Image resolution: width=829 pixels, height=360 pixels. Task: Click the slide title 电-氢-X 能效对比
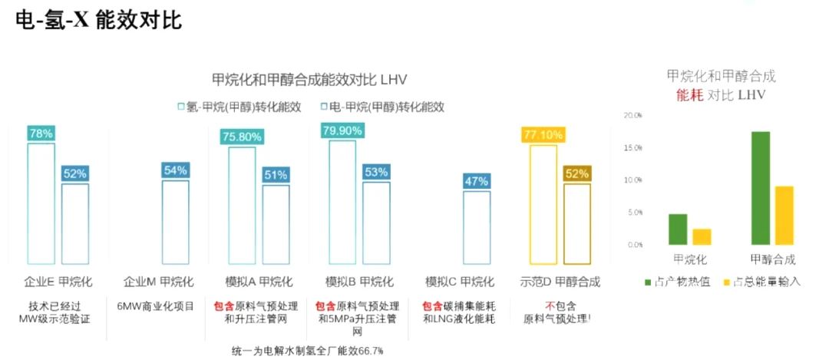(x=99, y=20)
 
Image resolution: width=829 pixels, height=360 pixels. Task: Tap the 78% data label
(x=41, y=134)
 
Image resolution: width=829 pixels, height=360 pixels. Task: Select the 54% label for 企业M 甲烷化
(x=175, y=170)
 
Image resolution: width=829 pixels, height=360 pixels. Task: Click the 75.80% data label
(x=242, y=137)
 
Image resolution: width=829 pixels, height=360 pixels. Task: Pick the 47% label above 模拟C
(x=477, y=181)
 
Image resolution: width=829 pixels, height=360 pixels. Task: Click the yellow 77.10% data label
(x=543, y=135)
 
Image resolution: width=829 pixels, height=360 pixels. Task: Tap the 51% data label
(x=276, y=174)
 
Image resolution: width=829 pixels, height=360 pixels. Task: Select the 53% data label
(x=376, y=172)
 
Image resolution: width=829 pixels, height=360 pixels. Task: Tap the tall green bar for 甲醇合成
(x=760, y=188)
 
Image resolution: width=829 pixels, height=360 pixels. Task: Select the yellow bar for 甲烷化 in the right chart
(x=702, y=236)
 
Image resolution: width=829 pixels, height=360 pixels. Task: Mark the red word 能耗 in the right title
(x=690, y=95)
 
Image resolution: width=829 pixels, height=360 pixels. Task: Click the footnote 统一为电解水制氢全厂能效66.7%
(x=307, y=351)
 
